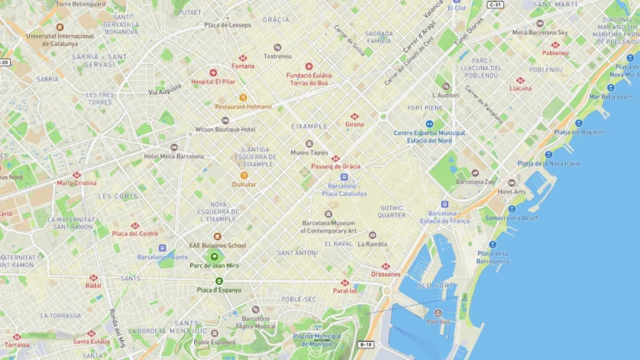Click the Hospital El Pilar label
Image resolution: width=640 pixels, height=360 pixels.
tap(213, 82)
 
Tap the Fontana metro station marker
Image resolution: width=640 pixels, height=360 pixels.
tap(242, 57)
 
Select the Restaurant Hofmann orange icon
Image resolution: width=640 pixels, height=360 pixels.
tap(243, 97)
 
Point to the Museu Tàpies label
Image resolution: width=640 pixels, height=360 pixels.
tap(308, 152)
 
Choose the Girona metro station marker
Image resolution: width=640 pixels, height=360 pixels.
tap(354, 116)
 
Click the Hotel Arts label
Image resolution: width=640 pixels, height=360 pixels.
tap(512, 191)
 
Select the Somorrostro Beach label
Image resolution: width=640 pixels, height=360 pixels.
tap(512, 217)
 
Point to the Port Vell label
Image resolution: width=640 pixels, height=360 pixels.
tap(437, 322)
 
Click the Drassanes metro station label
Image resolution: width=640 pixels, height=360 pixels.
tap(386, 273)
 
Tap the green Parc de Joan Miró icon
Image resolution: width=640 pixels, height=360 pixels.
tap(214, 257)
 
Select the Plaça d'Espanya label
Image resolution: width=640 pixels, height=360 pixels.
tap(217, 289)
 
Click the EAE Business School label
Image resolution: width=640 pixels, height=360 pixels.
tap(217, 245)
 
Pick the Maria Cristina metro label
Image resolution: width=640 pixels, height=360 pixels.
tap(77, 182)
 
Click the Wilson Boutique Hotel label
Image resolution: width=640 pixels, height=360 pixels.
tap(225, 129)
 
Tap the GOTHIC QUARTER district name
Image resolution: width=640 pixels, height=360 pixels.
tap(392, 211)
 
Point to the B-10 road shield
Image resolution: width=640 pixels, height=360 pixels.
tap(366, 344)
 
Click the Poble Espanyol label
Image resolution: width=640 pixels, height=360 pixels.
tap(214, 342)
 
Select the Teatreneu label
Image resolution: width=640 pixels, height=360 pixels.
tap(277, 57)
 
